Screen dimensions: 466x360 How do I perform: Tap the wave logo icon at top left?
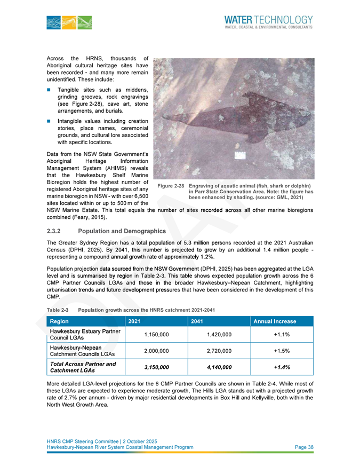(68, 22)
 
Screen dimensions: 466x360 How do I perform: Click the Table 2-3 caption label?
(57, 310)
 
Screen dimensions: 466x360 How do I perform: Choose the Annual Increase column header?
(274, 322)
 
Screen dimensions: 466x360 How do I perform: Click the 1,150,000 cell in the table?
(156, 334)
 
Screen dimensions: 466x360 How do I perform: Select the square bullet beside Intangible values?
(50, 121)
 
